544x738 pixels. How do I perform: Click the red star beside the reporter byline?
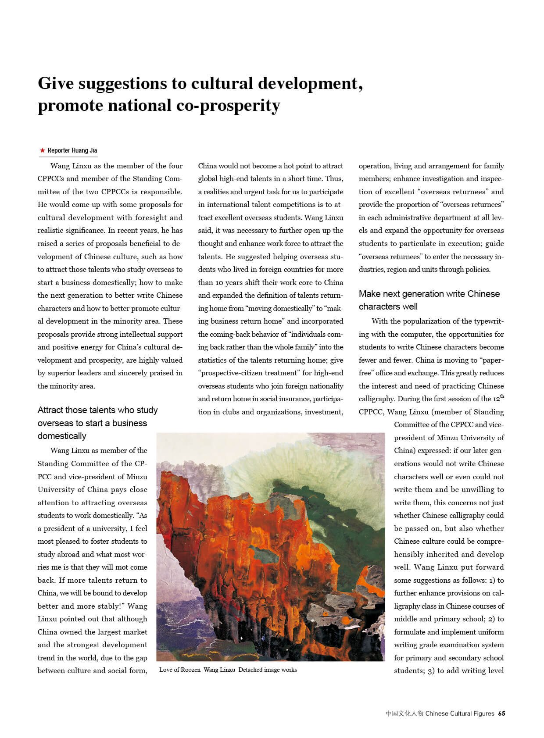click(x=42, y=150)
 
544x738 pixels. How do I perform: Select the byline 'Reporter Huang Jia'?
click(x=72, y=150)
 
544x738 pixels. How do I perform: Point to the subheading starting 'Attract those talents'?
click(x=97, y=423)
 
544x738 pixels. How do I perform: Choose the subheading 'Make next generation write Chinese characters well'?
click(x=429, y=300)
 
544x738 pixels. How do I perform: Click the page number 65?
click(x=501, y=713)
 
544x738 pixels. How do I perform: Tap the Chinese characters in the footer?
click(x=404, y=713)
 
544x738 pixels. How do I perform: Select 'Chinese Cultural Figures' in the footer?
click(x=460, y=713)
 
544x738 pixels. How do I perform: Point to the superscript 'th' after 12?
click(x=502, y=396)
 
